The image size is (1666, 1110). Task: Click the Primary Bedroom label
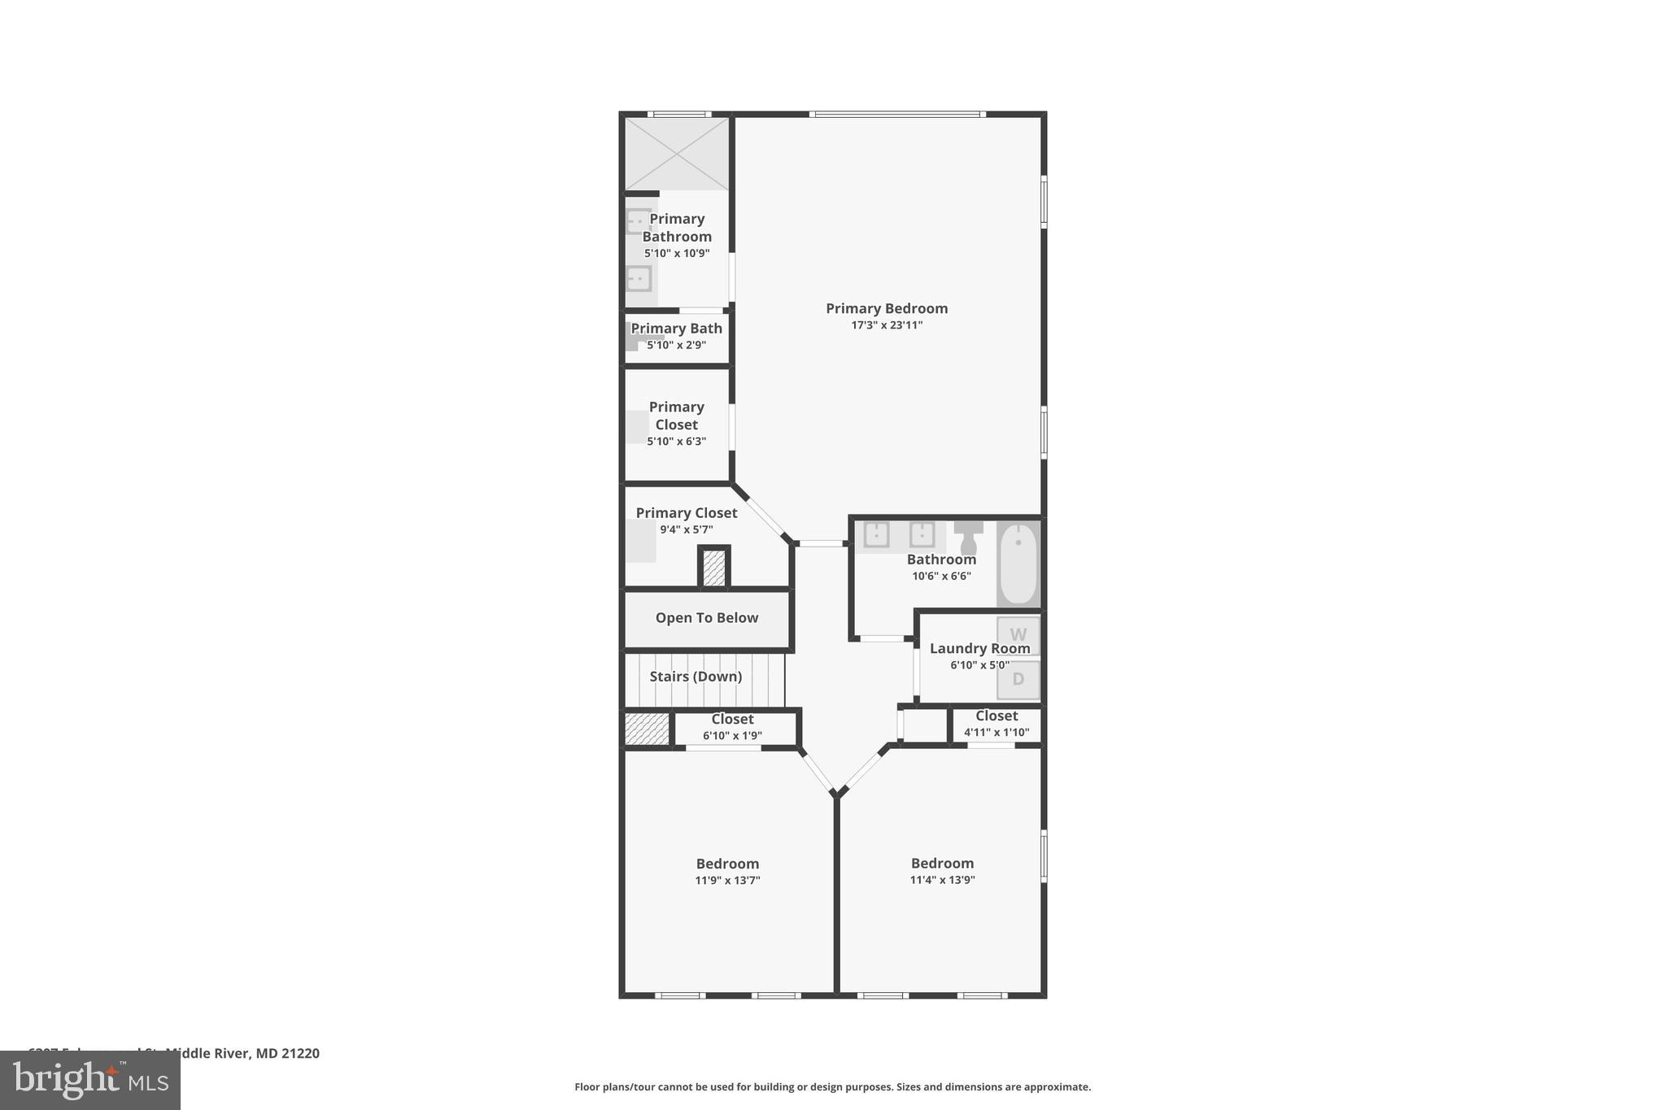[x=886, y=308]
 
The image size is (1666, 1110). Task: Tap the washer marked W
[x=1018, y=634]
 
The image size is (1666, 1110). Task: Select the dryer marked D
[x=1018, y=679]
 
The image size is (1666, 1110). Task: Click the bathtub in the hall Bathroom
[x=1018, y=564]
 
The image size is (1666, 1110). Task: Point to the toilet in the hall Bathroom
[x=968, y=537]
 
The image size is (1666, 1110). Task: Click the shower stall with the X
[x=676, y=154]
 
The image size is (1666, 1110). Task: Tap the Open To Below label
[x=706, y=618]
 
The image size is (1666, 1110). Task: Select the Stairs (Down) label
[x=696, y=677]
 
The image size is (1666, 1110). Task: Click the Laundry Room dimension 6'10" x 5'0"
[x=979, y=665]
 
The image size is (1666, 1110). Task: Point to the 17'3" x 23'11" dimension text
[x=886, y=325]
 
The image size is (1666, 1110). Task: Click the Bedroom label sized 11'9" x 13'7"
[x=727, y=864]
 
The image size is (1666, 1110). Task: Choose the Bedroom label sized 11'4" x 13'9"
[x=942, y=863]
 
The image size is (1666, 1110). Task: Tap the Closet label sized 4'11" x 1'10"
[x=997, y=716]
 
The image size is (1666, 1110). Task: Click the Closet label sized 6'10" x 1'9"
[x=732, y=719]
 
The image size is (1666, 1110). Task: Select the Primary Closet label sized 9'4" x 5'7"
[x=686, y=513]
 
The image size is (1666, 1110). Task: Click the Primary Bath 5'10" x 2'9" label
[x=676, y=329]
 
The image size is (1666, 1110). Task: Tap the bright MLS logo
[x=90, y=1080]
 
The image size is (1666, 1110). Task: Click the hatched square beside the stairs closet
[x=647, y=729]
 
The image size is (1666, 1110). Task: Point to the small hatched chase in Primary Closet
[x=713, y=568]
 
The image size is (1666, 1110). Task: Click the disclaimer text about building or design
[x=832, y=1086]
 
